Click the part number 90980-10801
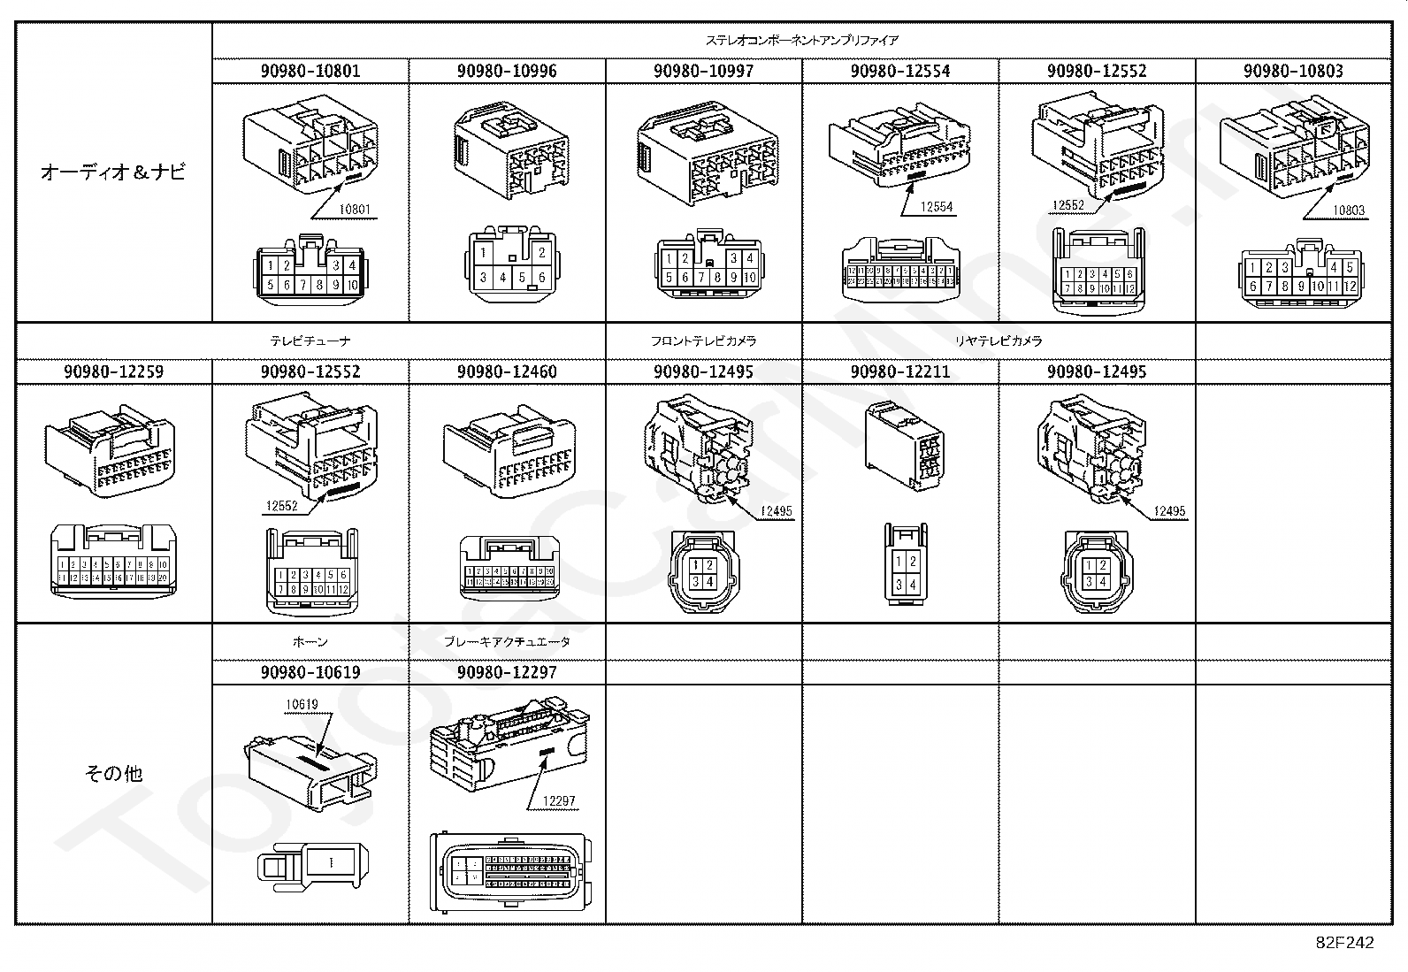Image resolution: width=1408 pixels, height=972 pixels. pos(310,71)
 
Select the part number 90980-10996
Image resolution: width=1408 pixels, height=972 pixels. pos(507,71)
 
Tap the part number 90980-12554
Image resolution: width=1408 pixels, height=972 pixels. pos(900,71)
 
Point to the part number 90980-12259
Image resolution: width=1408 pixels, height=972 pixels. pos(113,371)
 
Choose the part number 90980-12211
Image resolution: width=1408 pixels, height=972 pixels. pos(900,371)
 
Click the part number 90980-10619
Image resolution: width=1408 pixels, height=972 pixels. pos(310,672)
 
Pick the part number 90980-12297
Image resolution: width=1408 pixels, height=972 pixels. pos(507,672)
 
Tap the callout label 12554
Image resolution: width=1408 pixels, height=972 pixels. pos(937,207)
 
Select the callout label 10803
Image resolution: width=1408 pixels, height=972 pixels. pos(1349,210)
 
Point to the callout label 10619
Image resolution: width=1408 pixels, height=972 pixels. pos(301,705)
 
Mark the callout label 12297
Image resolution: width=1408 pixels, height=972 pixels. pos(559,801)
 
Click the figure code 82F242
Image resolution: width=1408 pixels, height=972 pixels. pos(1344,943)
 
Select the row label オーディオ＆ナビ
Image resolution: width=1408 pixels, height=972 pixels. pos(113,172)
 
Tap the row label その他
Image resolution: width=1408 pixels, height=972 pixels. pos(113,774)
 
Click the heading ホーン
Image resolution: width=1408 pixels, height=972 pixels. pos(310,641)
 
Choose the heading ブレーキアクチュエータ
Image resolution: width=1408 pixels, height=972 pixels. pos(507,641)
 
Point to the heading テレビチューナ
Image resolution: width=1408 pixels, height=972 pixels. pos(310,341)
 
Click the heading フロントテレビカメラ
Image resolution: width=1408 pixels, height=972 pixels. pos(703,341)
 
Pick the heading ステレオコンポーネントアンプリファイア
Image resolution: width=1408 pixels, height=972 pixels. pos(801,41)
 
